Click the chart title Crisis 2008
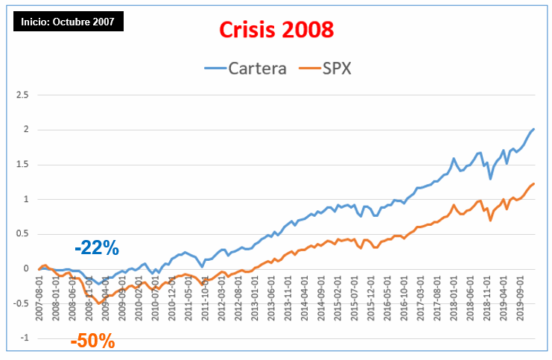coord(276,30)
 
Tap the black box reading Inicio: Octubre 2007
coord(68,21)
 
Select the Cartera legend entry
coord(247,69)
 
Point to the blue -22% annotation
coord(97,249)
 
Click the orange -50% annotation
coord(93,342)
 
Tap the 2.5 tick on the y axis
coord(22,95)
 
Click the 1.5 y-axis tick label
coord(22,165)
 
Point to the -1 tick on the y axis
coord(25,338)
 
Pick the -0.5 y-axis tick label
coord(21,303)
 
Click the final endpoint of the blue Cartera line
coord(534,129)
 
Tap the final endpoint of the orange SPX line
coord(534,183)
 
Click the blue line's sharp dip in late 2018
coord(490,179)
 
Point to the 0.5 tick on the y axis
coord(22,234)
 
